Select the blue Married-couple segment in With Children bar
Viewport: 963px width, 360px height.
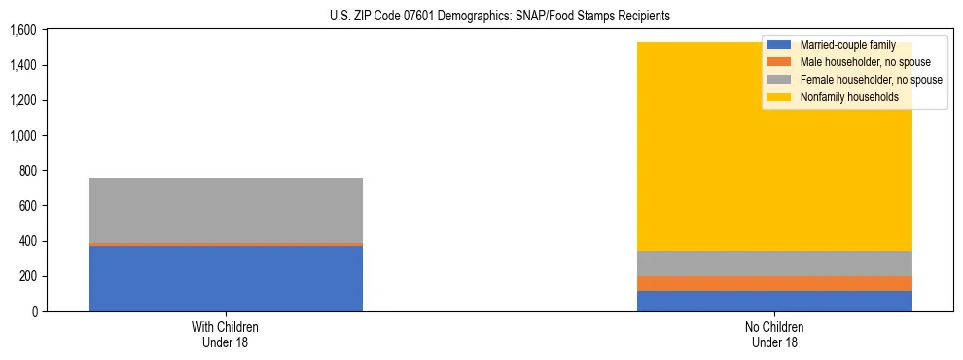click(x=225, y=278)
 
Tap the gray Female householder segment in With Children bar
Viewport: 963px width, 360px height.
click(x=225, y=210)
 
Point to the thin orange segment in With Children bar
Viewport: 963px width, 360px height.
click(x=225, y=244)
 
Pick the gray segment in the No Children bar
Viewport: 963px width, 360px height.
click(x=774, y=264)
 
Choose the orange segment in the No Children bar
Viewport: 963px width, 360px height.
click(x=774, y=283)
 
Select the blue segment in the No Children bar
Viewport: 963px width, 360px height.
click(x=774, y=301)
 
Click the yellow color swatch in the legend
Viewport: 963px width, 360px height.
click(x=778, y=97)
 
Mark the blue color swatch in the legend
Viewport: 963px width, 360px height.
click(x=778, y=45)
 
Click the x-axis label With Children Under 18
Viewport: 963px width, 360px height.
click(x=225, y=335)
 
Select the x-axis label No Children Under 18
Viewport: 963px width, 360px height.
click(x=774, y=335)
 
